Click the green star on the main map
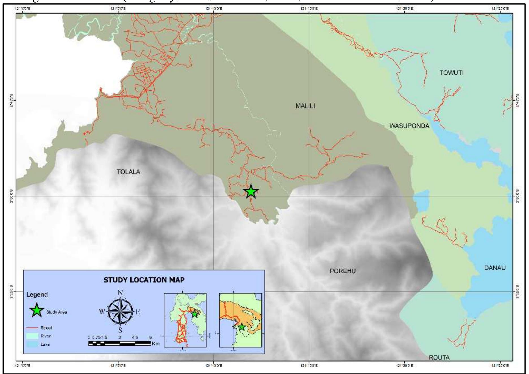251,192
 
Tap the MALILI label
305,106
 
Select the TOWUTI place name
452,73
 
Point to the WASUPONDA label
409,126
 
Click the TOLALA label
128,172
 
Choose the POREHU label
343,271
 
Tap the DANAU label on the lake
495,268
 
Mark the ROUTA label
439,358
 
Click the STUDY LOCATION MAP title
144,280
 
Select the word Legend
37,294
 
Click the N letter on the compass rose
120,293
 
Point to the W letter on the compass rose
102,312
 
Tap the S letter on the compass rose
120,330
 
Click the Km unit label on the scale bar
156,344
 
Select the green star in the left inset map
194,314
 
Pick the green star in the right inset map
241,327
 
